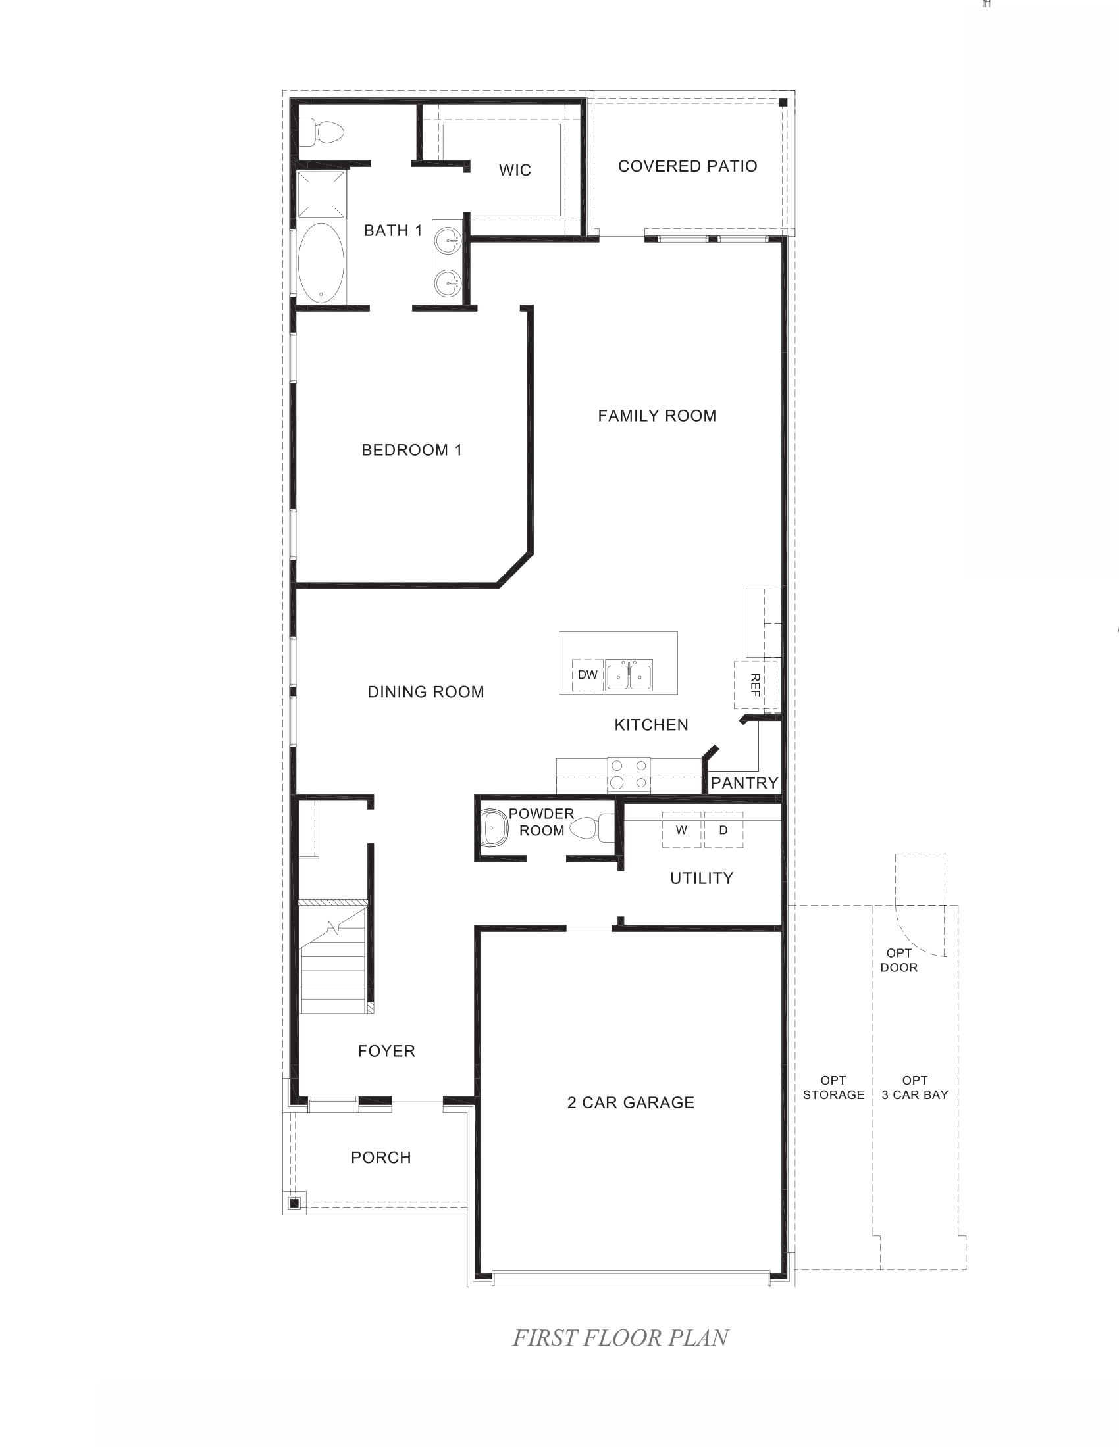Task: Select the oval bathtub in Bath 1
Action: click(x=321, y=264)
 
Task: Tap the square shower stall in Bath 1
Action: click(x=321, y=194)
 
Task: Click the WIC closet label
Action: click(x=515, y=170)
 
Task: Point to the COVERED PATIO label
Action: click(x=687, y=166)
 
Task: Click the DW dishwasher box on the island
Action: click(x=587, y=675)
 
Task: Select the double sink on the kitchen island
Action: click(x=629, y=675)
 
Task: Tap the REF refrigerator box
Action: click(x=755, y=685)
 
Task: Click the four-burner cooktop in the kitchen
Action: click(x=629, y=775)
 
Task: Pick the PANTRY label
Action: click(x=744, y=783)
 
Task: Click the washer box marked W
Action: click(x=681, y=830)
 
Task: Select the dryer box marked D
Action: click(x=723, y=830)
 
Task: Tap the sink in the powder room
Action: click(x=494, y=828)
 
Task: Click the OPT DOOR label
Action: click(x=899, y=960)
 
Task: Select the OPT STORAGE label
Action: click(x=833, y=1088)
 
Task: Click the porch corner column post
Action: click(x=295, y=1202)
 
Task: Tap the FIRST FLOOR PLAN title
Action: click(x=621, y=1338)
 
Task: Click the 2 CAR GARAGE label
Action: click(x=631, y=1102)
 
